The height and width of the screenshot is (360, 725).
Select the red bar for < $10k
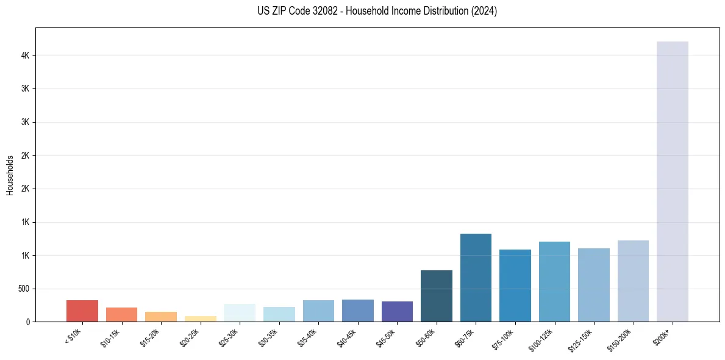(x=82, y=311)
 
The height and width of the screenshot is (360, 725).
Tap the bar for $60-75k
(x=476, y=278)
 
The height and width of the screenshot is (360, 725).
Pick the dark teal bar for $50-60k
(x=437, y=296)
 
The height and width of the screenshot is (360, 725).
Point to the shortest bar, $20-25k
(x=201, y=319)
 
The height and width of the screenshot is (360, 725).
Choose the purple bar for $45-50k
(x=397, y=311)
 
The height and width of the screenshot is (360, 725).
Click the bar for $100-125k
(x=554, y=281)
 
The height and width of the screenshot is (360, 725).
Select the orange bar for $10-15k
(x=121, y=314)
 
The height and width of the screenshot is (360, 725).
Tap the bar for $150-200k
(x=633, y=281)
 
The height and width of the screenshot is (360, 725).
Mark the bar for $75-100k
(x=515, y=286)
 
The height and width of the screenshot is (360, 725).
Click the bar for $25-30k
(x=240, y=312)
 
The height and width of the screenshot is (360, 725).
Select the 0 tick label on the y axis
(x=29, y=322)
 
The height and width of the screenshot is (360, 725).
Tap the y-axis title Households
(x=10, y=175)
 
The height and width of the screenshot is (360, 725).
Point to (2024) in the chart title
(x=484, y=11)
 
